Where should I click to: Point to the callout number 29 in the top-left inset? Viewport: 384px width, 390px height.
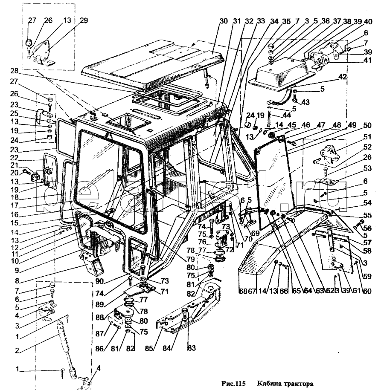84,20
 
